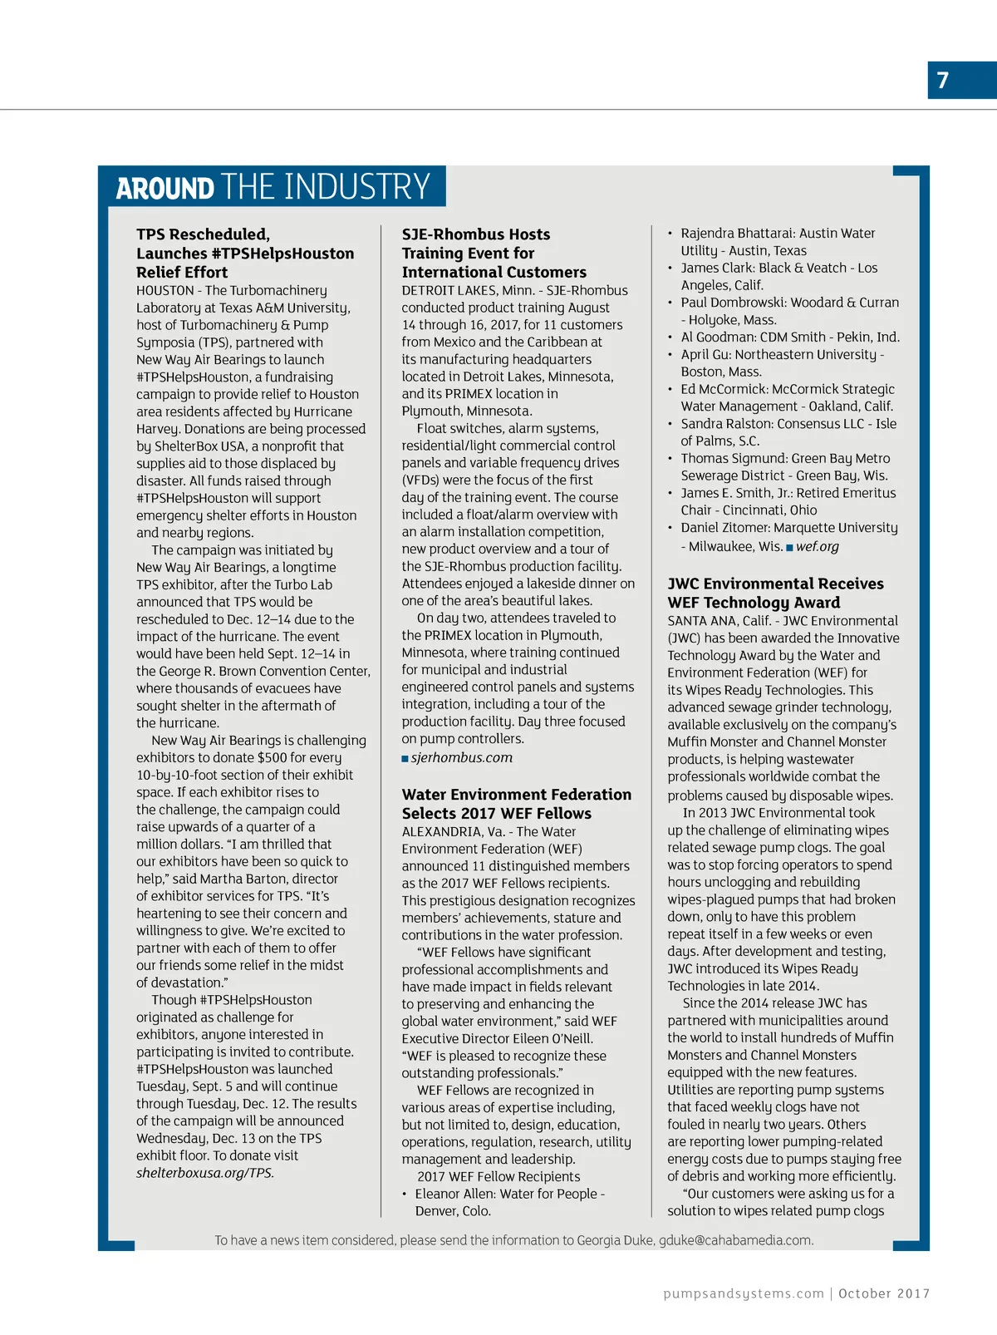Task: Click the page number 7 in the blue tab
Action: [x=943, y=80]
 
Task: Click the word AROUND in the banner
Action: [x=165, y=188]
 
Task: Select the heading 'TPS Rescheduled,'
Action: [x=203, y=234]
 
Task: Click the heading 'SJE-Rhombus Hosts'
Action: [x=476, y=234]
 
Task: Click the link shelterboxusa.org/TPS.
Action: [x=205, y=1173]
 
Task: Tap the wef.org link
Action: [x=818, y=546]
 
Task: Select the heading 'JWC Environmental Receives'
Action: [x=775, y=584]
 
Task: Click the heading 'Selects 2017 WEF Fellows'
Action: [x=497, y=813]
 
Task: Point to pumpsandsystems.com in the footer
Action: [x=744, y=1293]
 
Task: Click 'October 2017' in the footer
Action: [x=884, y=1293]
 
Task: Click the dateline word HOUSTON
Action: [x=165, y=290]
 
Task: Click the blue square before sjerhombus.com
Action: [x=405, y=758]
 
